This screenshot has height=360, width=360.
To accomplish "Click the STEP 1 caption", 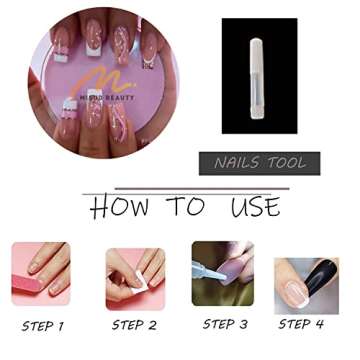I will coord(42,325).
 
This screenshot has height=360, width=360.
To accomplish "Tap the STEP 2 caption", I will coord(134,325).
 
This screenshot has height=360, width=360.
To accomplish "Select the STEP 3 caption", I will coord(224,324).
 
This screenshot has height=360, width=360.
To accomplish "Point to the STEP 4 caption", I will coord(301,324).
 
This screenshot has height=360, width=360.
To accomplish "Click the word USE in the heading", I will coord(255,207).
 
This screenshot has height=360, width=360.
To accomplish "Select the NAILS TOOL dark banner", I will coord(260,163).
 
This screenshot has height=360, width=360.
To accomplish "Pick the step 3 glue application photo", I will coord(223,273).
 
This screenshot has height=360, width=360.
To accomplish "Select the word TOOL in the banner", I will coord(285,163).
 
